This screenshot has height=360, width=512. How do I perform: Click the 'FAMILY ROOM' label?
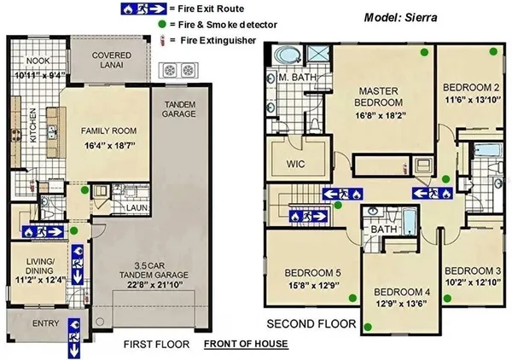click(x=108, y=132)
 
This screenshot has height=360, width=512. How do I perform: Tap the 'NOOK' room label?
click(x=37, y=61)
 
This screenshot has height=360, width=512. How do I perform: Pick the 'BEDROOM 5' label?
click(x=312, y=274)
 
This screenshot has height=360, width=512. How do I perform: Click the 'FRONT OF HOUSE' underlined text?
click(x=246, y=344)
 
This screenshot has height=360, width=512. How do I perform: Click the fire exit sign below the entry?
click(x=73, y=347)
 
